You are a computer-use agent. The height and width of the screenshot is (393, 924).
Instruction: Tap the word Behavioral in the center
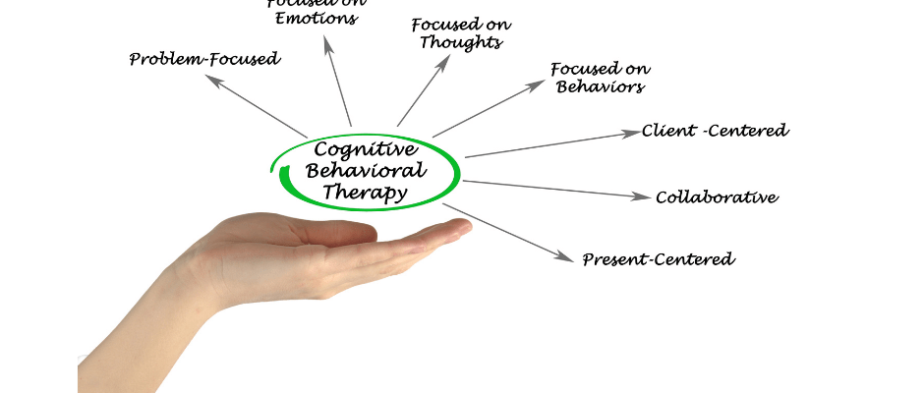coord(366,171)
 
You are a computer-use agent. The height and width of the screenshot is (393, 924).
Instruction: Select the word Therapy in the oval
coord(365,193)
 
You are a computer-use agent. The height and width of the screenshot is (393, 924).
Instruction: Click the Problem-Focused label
coord(204,60)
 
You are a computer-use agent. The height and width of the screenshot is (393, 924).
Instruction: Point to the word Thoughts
coord(460,43)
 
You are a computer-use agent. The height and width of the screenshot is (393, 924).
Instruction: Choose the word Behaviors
coord(600,87)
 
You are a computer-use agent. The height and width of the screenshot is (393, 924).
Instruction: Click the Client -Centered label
coord(715,131)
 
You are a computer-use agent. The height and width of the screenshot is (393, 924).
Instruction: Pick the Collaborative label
coord(717,197)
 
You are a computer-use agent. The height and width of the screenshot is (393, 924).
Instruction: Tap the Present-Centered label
coord(658,260)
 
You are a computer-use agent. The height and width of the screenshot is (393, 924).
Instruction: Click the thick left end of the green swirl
coord(284,177)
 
